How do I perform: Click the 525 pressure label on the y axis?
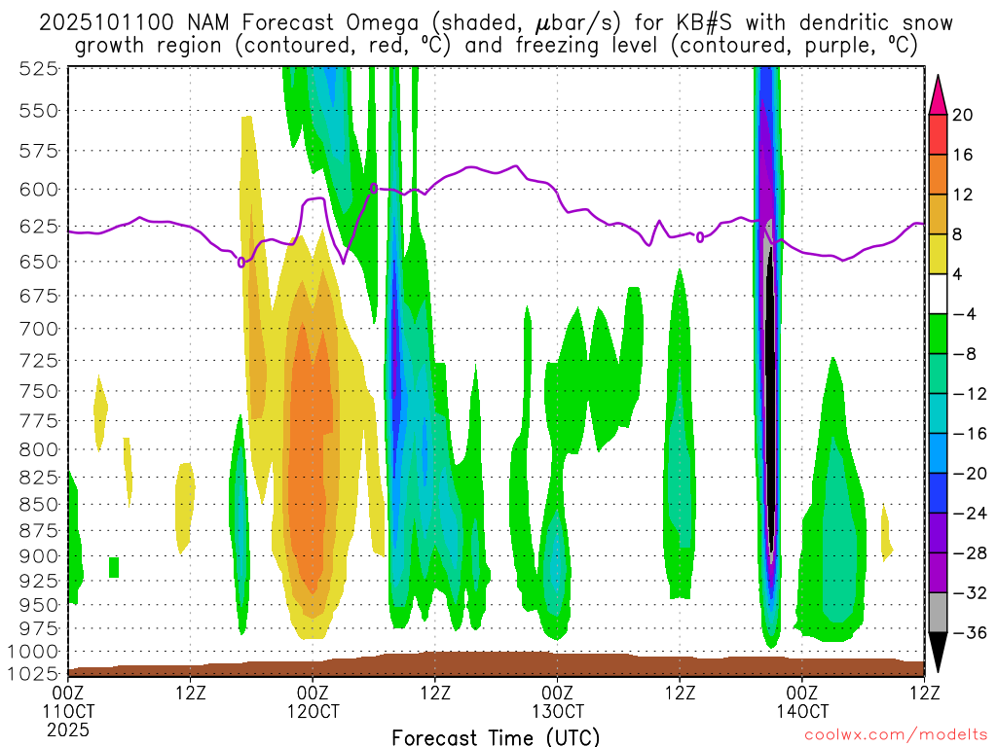click(x=38, y=68)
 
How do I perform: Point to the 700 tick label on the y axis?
click(x=38, y=328)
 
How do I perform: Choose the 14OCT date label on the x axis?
click(x=801, y=711)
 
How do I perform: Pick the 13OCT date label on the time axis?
click(x=557, y=711)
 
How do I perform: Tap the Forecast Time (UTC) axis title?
click(x=496, y=736)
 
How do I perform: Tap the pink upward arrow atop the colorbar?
click(x=938, y=94)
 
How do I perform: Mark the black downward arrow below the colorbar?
click(x=938, y=652)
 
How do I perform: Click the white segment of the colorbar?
click(x=938, y=294)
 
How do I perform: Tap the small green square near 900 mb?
click(x=114, y=567)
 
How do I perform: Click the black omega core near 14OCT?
click(x=770, y=389)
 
